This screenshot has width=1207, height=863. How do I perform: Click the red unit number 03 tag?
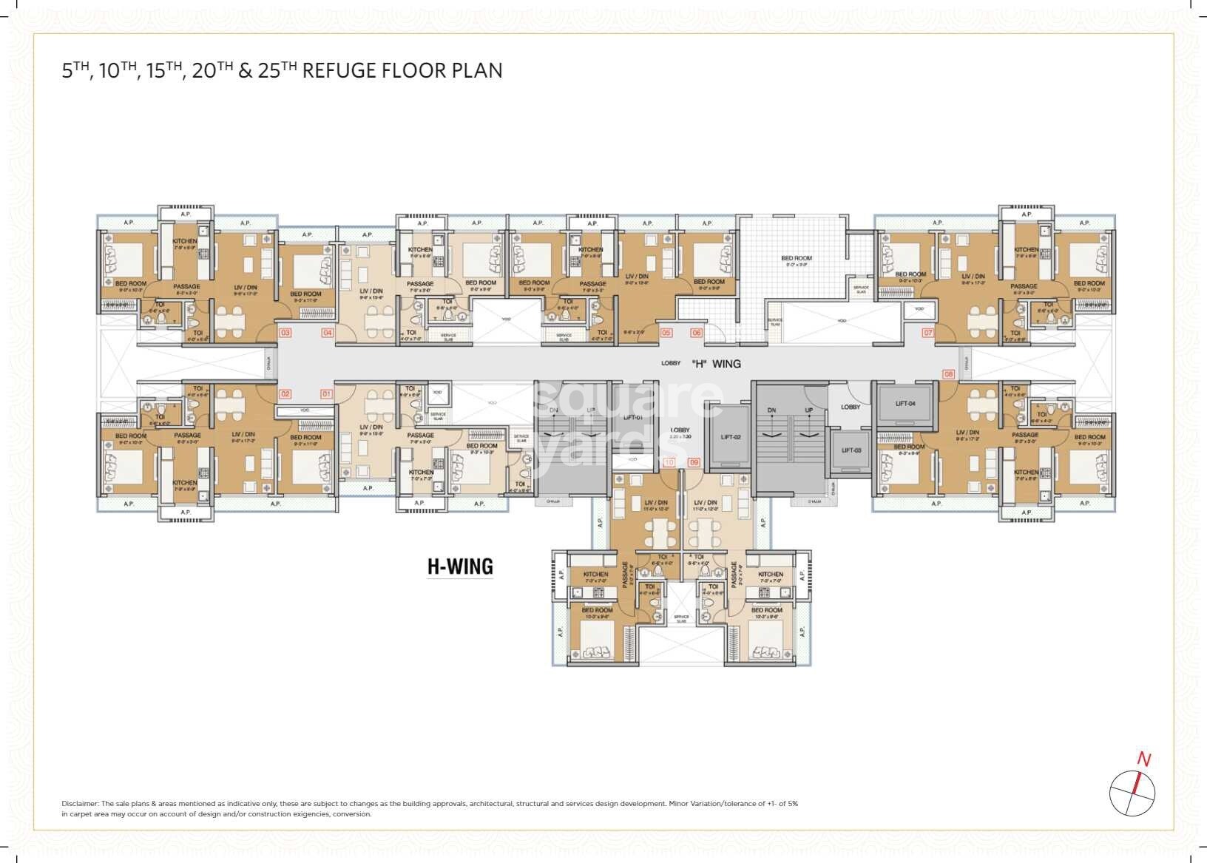click(x=284, y=333)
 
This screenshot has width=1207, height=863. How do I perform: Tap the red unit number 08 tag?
click(x=948, y=374)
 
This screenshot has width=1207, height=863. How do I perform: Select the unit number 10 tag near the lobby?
click(x=669, y=462)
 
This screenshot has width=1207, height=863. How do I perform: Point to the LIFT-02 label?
click(x=730, y=437)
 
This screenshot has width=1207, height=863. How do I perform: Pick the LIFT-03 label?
click(x=851, y=450)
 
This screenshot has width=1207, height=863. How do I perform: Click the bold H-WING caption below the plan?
click(x=460, y=566)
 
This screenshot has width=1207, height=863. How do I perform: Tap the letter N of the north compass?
click(x=1143, y=759)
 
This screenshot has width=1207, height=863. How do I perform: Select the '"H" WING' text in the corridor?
click(x=715, y=364)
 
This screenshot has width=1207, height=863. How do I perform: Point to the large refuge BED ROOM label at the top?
click(x=797, y=259)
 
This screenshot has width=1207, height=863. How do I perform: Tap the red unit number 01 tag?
click(x=326, y=394)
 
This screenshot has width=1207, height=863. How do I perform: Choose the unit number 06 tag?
click(x=696, y=333)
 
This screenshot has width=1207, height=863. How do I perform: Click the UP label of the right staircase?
click(x=808, y=410)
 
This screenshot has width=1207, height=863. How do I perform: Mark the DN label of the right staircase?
click(x=771, y=410)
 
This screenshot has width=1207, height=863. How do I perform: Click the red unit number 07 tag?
click(x=927, y=333)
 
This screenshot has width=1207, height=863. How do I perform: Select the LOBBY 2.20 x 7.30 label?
click(x=680, y=433)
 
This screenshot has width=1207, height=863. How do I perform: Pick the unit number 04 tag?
click(x=327, y=333)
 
